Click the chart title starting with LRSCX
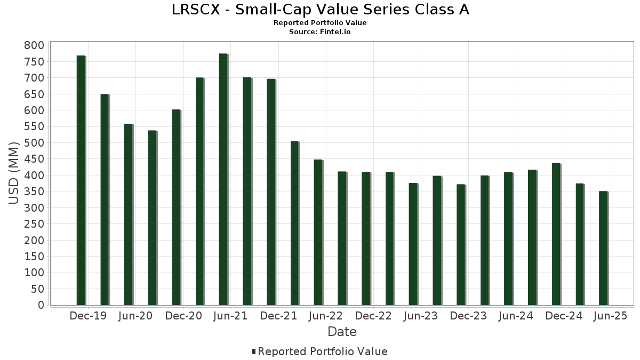tap(320, 10)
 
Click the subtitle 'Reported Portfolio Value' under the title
tap(320, 23)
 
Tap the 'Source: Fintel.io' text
tap(320, 32)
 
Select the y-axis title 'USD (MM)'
tap(14, 173)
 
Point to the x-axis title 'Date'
tap(342, 332)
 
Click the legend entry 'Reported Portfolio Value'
tap(322, 351)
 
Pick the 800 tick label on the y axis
tap(34, 45)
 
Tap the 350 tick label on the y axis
tap(34, 191)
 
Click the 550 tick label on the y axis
tap(34, 126)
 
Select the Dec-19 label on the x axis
tap(88, 316)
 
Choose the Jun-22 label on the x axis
tap(325, 316)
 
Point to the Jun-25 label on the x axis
tap(610, 316)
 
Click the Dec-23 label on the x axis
tap(468, 316)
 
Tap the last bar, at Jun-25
tap(603, 248)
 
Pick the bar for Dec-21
tap(270, 192)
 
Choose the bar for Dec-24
tap(556, 234)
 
